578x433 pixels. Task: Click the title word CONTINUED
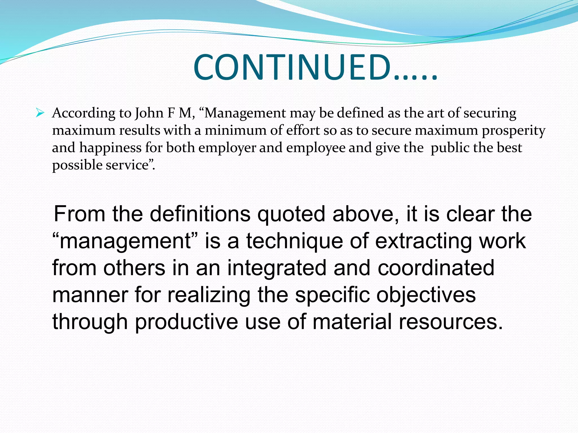click(x=292, y=68)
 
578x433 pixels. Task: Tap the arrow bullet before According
click(x=40, y=113)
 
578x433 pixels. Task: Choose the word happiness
click(x=110, y=148)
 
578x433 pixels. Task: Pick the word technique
click(x=295, y=242)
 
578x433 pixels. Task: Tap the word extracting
click(x=423, y=242)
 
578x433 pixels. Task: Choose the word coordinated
click(x=436, y=268)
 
